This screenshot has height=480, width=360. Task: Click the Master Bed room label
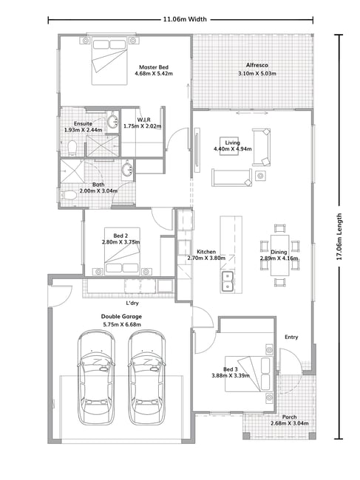(x=154, y=67)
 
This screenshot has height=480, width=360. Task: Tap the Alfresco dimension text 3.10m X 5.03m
(x=257, y=73)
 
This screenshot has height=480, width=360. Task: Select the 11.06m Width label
(x=185, y=19)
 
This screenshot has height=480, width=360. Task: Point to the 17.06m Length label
(x=339, y=236)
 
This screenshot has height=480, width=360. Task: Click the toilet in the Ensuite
(x=72, y=148)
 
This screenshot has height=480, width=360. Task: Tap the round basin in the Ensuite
(x=113, y=120)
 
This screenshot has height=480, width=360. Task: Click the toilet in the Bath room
(x=69, y=195)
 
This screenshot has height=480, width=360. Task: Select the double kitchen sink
(x=228, y=281)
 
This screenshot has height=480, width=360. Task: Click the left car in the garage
(x=96, y=377)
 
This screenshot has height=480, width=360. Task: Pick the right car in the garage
(x=147, y=377)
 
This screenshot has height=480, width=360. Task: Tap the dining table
(x=279, y=255)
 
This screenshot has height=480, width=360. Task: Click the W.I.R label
(x=143, y=120)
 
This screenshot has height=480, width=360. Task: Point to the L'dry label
(x=132, y=303)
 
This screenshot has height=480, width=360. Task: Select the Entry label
(x=291, y=337)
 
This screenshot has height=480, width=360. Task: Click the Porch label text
(x=290, y=417)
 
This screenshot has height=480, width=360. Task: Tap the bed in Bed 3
(x=249, y=374)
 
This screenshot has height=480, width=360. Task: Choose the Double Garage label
(x=122, y=317)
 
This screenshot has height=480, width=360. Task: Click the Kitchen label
(x=206, y=252)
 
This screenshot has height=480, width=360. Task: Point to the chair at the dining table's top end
(x=279, y=228)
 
